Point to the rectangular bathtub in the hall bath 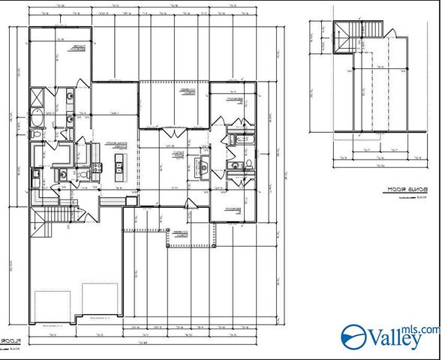(242, 139)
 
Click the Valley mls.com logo (391, 337)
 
